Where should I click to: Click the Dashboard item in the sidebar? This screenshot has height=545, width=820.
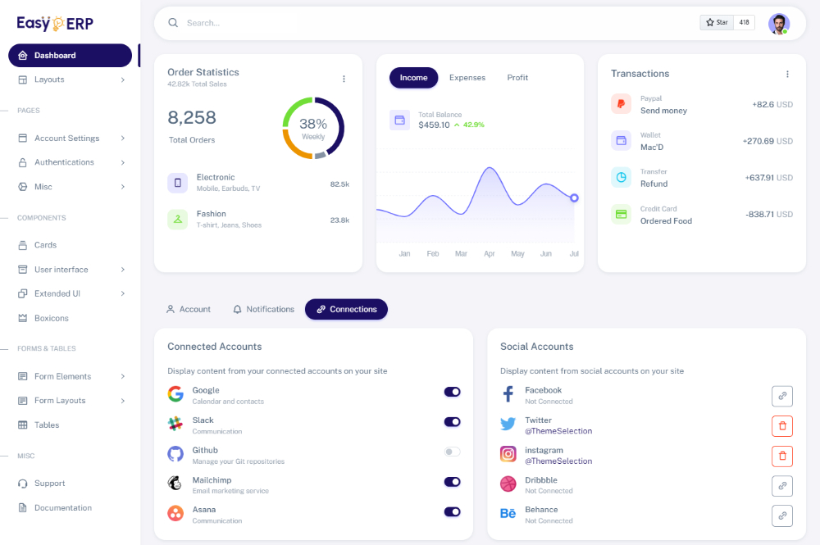coord(70,56)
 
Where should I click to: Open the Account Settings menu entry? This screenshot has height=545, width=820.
coord(67,139)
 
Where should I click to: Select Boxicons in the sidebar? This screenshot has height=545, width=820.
coord(52,318)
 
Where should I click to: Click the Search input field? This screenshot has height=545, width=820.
coord(410,23)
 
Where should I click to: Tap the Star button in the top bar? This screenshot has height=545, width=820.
coord(717,23)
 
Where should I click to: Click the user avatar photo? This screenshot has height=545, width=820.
coord(778,23)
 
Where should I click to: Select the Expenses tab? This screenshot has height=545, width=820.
coord(467,78)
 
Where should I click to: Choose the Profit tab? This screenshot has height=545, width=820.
coord(517,78)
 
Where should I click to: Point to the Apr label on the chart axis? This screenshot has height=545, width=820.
coord(490,254)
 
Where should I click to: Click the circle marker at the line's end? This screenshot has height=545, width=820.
coord(574,198)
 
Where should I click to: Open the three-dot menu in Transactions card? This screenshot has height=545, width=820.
coord(787,75)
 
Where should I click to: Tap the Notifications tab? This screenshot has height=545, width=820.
coord(263,310)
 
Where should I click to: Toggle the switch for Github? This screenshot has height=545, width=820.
coord(453,452)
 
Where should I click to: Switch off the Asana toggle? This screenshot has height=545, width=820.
coord(453,511)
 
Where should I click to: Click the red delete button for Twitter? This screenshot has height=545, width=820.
coord(782,426)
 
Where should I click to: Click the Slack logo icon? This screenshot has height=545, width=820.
coord(175,424)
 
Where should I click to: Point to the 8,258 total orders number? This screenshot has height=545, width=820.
coord(192,118)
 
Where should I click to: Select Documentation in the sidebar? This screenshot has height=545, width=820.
coord(62,508)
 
